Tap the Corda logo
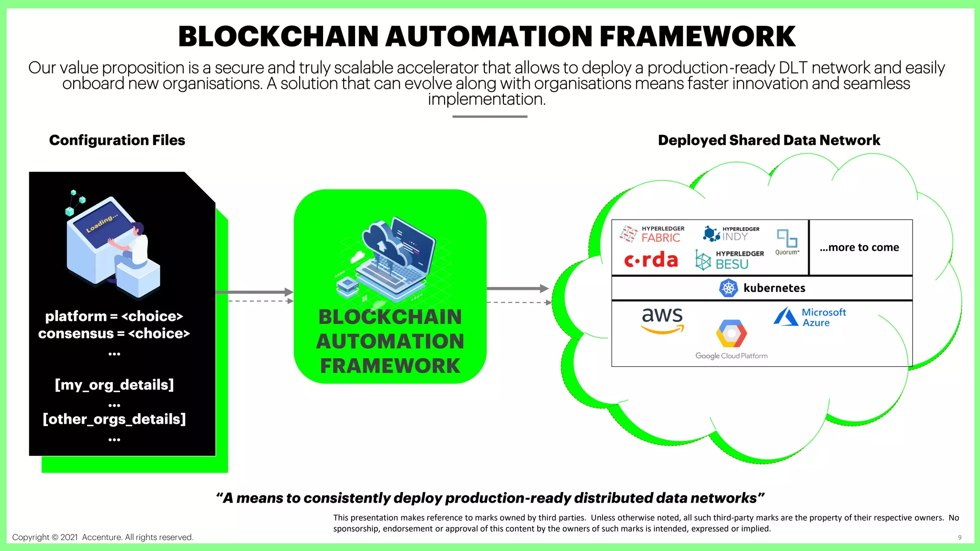pos(651,260)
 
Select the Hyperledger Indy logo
pos(731,233)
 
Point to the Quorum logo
pos(787,242)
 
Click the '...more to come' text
pos(859,247)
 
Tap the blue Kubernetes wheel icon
pos(728,288)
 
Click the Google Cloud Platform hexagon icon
pos(731,333)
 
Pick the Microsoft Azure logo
pos(810,317)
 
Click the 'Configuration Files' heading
pos(117,140)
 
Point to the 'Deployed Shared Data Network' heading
pos(768,140)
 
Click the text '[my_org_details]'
pos(114,385)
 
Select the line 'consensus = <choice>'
pos(114,333)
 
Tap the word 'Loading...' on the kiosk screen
pos(101,223)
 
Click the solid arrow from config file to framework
pos(254,292)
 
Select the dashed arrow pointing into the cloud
pos(519,302)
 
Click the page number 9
pos(959,538)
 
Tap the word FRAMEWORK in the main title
pos(697,36)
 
